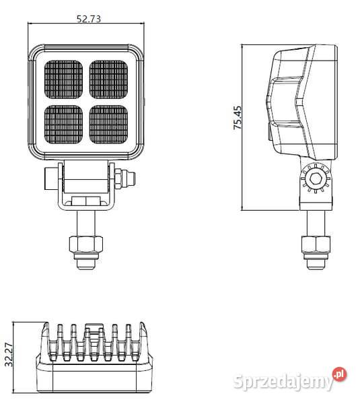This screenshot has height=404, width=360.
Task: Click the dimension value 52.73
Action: pyautogui.click(x=89, y=19)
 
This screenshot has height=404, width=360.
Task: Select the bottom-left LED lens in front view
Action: pyautogui.click(x=65, y=123)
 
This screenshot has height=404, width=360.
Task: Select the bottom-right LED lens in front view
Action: pyautogui.click(x=109, y=123)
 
